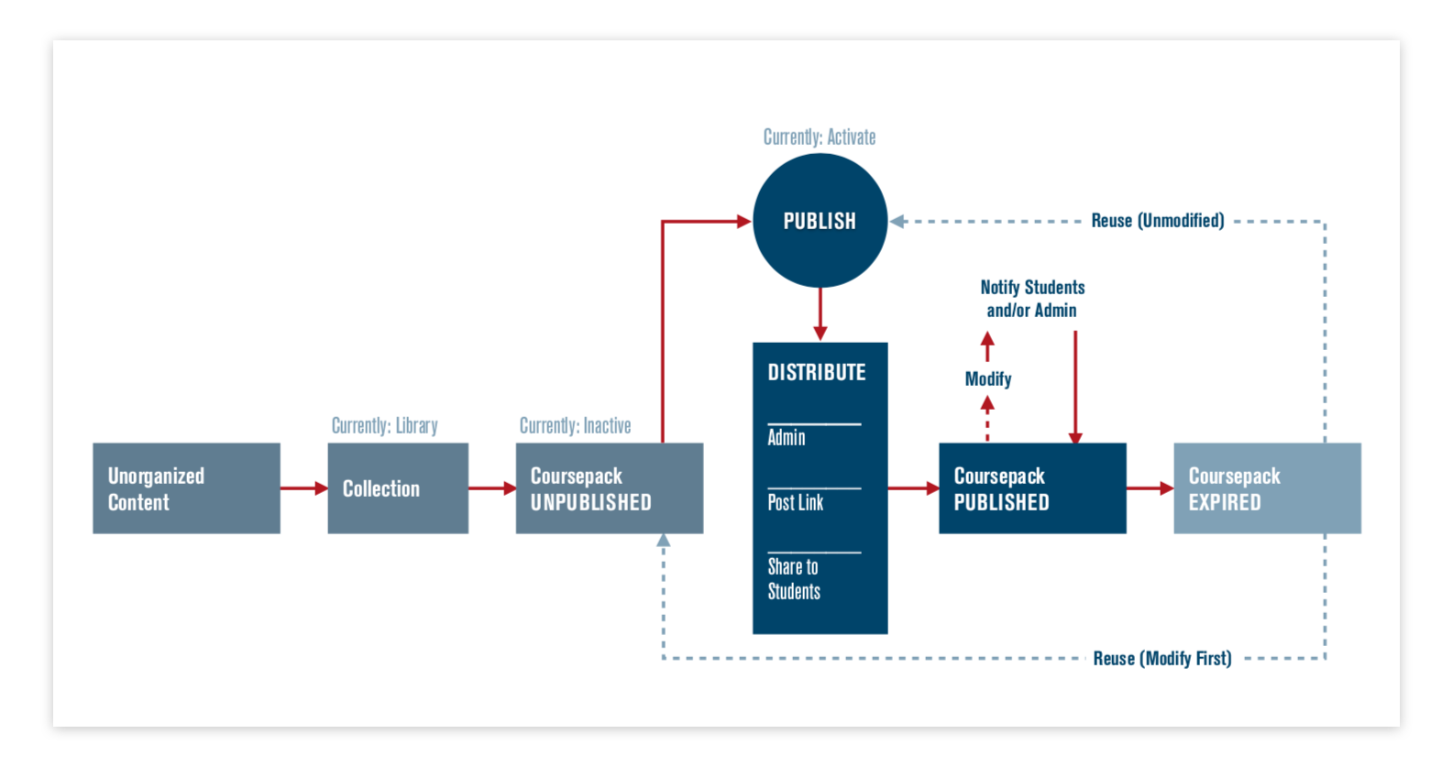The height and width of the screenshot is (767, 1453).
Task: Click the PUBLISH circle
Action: click(820, 221)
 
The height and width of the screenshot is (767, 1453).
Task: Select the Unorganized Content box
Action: click(186, 488)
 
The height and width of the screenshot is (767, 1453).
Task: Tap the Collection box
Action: click(398, 488)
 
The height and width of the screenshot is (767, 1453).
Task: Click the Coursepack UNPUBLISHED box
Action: click(609, 488)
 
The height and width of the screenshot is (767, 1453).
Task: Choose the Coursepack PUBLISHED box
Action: click(1032, 488)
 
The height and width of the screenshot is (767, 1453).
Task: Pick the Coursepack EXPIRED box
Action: click(1267, 488)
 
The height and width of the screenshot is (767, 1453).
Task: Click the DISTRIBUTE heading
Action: click(817, 372)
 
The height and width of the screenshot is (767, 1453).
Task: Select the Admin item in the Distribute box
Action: click(787, 438)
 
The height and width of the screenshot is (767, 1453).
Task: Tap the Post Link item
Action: click(796, 502)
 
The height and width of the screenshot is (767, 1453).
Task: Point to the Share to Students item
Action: click(794, 579)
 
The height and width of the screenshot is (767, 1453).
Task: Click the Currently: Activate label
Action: click(820, 137)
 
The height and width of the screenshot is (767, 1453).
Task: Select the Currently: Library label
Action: click(384, 426)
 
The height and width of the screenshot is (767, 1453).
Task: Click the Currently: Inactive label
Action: click(575, 426)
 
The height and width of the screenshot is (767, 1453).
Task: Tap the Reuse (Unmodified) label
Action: click(1157, 221)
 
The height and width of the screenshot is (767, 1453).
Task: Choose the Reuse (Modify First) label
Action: click(1161, 659)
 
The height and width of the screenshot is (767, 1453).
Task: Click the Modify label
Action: click(988, 379)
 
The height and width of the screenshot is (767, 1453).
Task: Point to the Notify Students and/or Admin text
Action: click(1032, 299)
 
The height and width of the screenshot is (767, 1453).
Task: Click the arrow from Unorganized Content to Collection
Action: click(303, 488)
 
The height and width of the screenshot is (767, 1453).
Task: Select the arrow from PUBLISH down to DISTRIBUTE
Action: click(820, 314)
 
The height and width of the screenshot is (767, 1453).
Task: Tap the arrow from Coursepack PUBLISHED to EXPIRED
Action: click(1150, 488)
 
